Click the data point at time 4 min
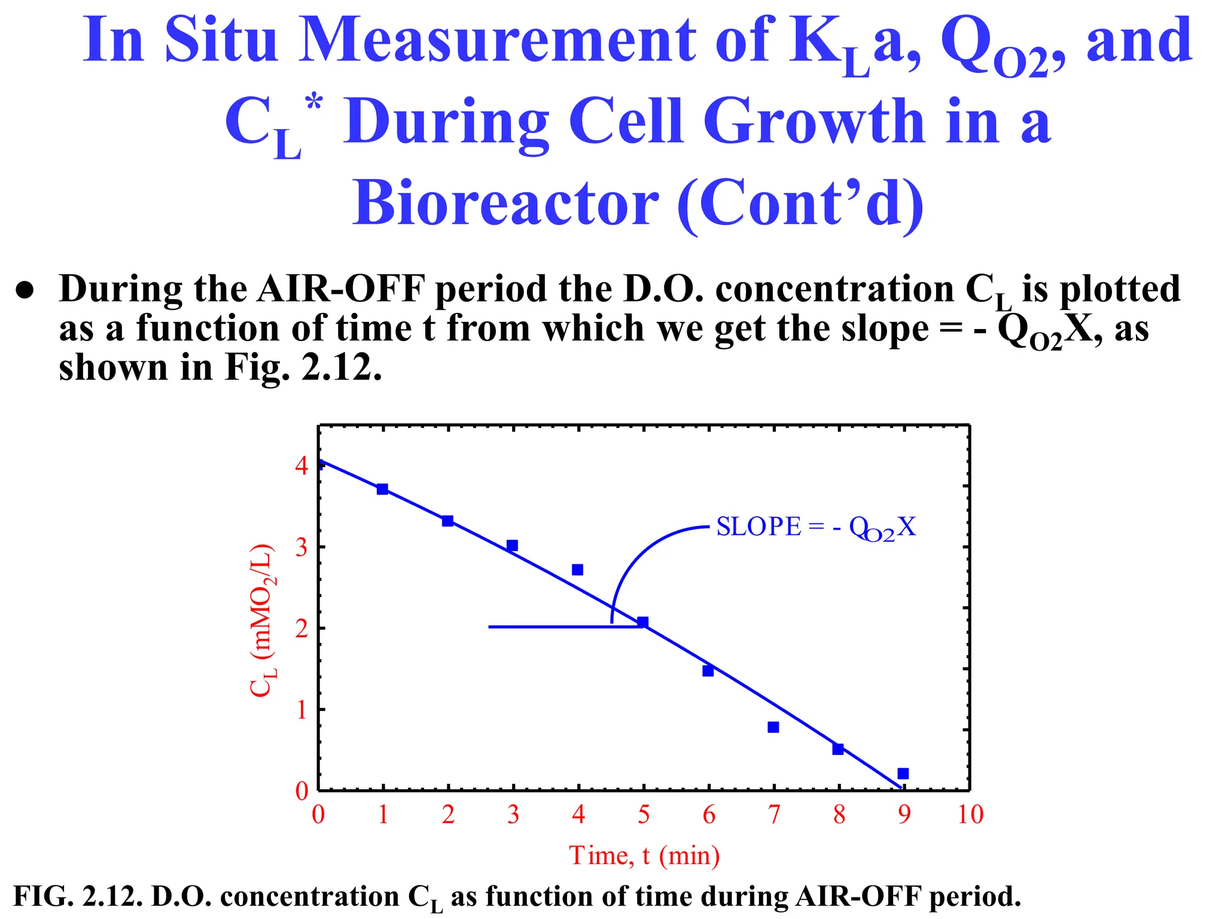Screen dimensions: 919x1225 tap(577, 570)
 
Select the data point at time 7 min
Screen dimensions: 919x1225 tap(773, 727)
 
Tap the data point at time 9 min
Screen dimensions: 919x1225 tap(903, 774)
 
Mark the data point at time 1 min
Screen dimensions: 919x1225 tap(382, 489)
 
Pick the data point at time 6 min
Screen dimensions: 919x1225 tap(708, 671)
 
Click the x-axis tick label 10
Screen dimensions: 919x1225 tap(970, 814)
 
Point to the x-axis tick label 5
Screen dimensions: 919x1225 tap(644, 814)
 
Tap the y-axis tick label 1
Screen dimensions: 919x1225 tap(302, 710)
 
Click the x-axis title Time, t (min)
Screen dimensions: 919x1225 tap(644, 855)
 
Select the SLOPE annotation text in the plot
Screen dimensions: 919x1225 tap(816, 527)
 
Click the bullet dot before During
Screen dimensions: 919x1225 tap(25, 290)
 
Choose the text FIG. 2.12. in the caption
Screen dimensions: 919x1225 tap(78, 897)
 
